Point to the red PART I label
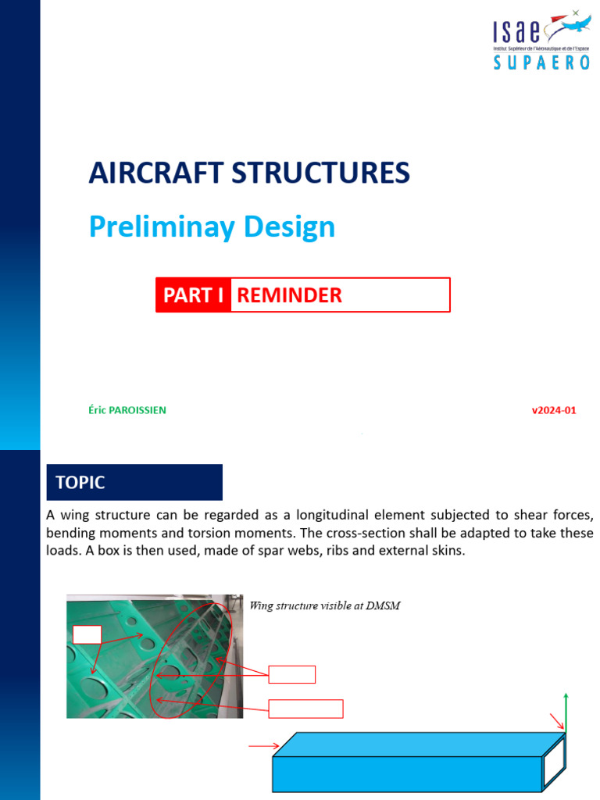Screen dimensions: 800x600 193,295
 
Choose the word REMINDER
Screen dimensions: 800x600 289,295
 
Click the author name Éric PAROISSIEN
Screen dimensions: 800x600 127,410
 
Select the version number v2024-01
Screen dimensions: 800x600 554,410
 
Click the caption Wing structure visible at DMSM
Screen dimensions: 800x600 324,605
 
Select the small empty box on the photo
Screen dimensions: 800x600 87,634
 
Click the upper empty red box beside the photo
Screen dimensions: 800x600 292,674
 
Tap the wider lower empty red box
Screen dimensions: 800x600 306,709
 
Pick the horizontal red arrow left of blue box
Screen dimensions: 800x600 263,747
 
